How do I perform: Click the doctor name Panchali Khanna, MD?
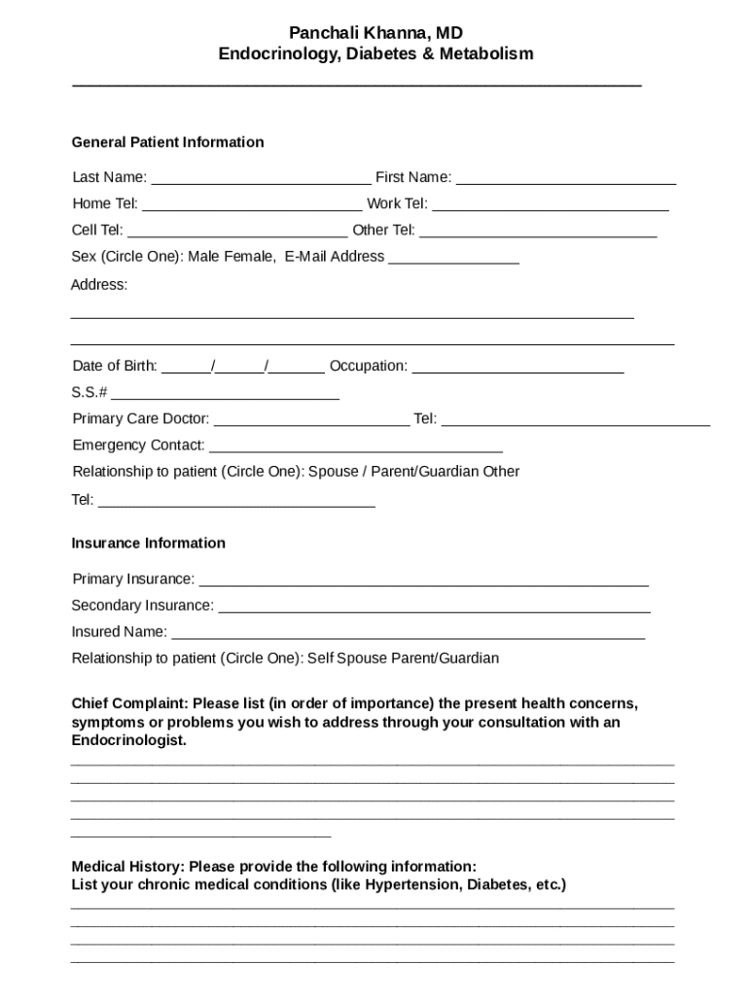coord(375,33)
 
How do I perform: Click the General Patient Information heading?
coord(167,142)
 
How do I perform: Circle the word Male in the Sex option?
coord(204,257)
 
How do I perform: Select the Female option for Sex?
coord(250,257)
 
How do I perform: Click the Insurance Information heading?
coord(148,543)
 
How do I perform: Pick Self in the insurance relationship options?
coord(320,658)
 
